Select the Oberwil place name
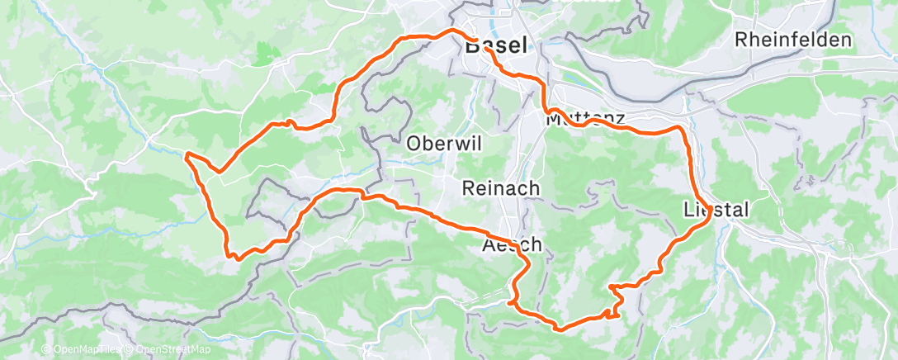pos(439,143)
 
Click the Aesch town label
pos(512,244)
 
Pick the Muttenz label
pos(584,119)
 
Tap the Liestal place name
pos(716,211)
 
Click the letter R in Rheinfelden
pos(740,40)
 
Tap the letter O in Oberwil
pos(414,143)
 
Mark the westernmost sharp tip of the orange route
pos(187,154)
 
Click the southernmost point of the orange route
pos(560,329)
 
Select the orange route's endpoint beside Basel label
pos(487,49)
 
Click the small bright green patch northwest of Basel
pos(263,53)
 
